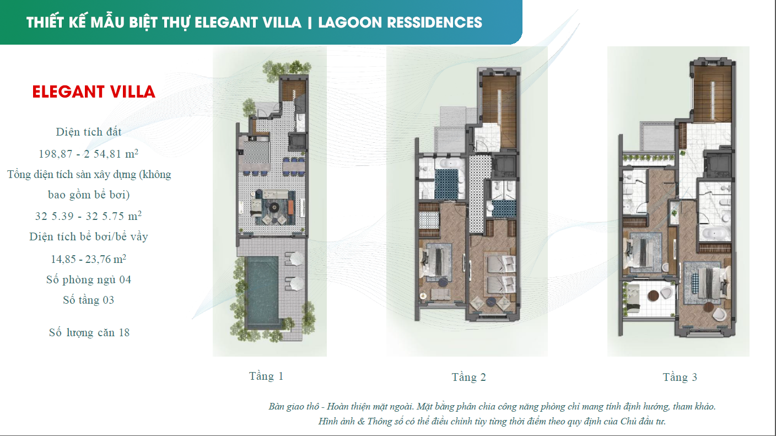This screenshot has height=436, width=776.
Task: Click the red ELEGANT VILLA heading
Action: pos(94,91)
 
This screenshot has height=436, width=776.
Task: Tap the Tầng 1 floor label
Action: pos(266,376)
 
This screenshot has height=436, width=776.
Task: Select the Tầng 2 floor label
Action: pos(468,378)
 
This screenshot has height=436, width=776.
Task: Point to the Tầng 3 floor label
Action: pos(680,378)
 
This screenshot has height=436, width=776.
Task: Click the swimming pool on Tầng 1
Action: pos(262,292)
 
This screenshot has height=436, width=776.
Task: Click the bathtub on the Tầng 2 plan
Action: pos(449,164)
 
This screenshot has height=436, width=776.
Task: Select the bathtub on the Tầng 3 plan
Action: pos(715,233)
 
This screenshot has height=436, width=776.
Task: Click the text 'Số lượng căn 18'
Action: pos(89,332)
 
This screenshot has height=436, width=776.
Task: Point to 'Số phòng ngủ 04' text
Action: pos(89,279)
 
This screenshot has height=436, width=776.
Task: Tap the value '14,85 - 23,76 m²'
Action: pos(89,259)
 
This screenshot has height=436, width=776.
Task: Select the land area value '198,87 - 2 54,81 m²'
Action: pos(89,153)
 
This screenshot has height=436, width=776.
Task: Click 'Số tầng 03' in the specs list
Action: pos(89,300)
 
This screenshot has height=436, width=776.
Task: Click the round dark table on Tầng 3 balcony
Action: pos(654,295)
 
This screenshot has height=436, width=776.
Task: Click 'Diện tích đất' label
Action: pos(89,132)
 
